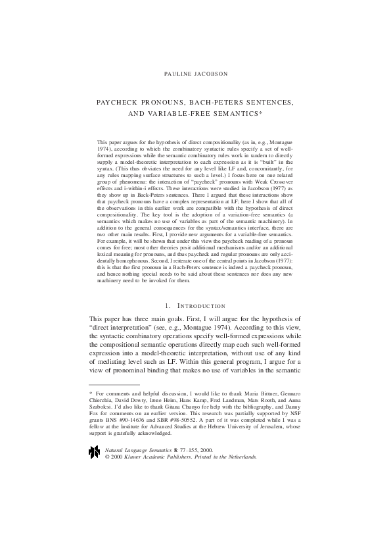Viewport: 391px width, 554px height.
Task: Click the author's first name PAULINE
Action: click(177, 74)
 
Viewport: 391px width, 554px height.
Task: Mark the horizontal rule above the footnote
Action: click(114, 384)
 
